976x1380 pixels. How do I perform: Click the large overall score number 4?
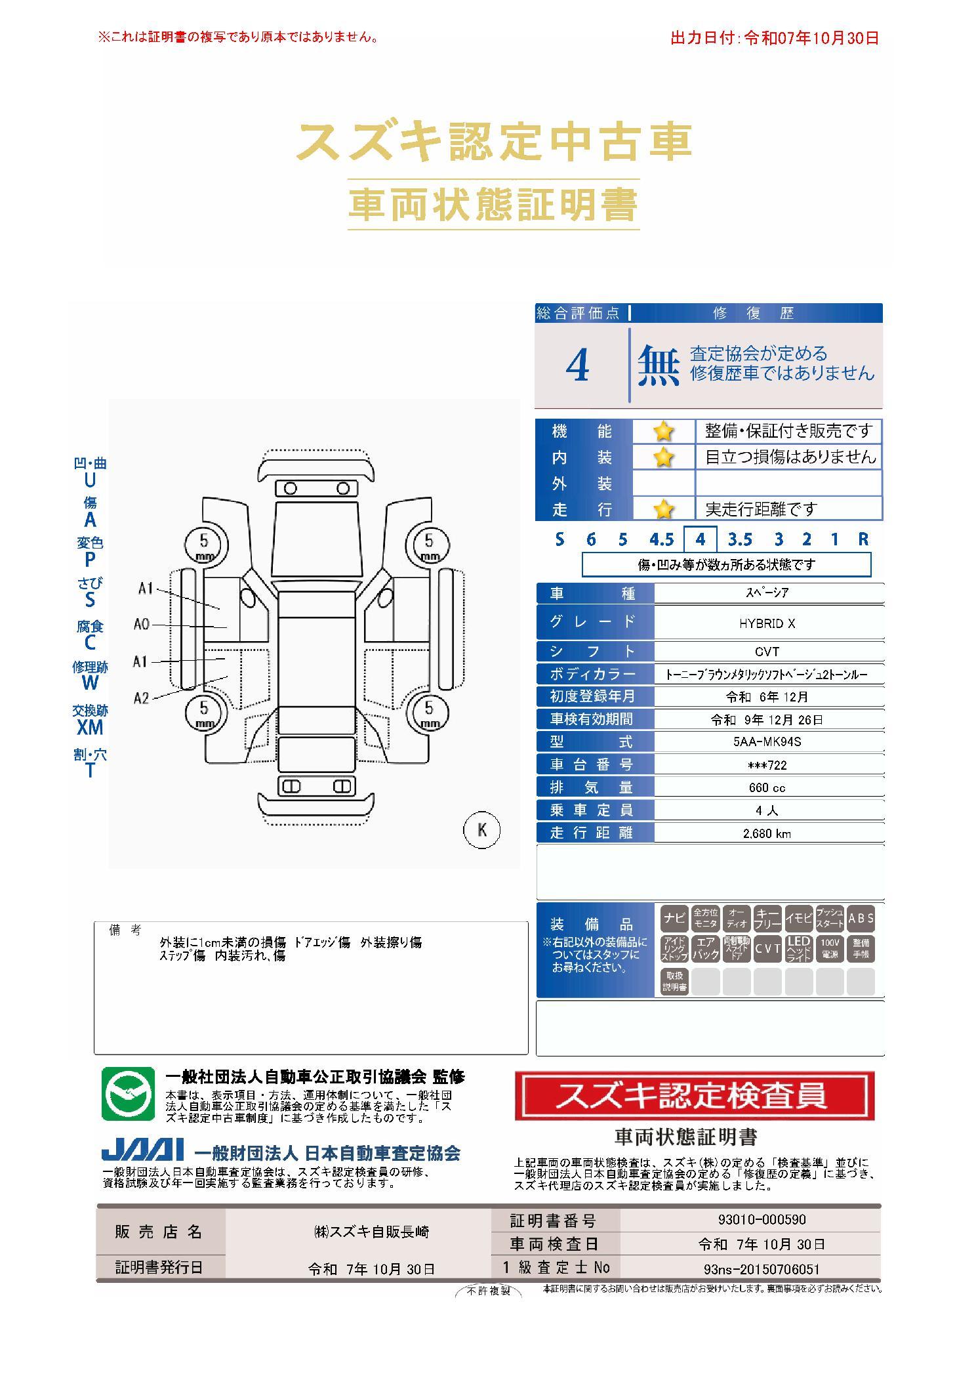(577, 366)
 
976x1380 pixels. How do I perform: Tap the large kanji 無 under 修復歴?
(659, 366)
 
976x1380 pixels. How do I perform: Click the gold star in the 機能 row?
(664, 432)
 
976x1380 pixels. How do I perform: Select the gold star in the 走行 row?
(664, 509)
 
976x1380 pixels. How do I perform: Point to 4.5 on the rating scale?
(661, 539)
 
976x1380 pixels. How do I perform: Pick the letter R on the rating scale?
(863, 539)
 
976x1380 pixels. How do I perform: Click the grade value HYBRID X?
(767, 623)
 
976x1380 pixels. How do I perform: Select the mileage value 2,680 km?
(767, 833)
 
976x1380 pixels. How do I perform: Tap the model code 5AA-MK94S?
(767, 742)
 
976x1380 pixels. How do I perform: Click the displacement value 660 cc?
(767, 787)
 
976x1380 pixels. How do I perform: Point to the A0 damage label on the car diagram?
(141, 624)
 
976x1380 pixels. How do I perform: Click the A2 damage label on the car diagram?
(141, 698)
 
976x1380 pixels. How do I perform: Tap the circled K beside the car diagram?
(482, 829)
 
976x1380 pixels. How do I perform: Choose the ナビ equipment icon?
(674, 918)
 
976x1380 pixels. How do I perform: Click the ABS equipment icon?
(861, 918)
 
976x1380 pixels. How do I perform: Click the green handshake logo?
(127, 1094)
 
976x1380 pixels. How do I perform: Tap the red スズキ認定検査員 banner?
(695, 1095)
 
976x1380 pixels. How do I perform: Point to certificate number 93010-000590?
(762, 1219)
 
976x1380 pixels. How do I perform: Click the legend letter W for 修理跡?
(90, 683)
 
